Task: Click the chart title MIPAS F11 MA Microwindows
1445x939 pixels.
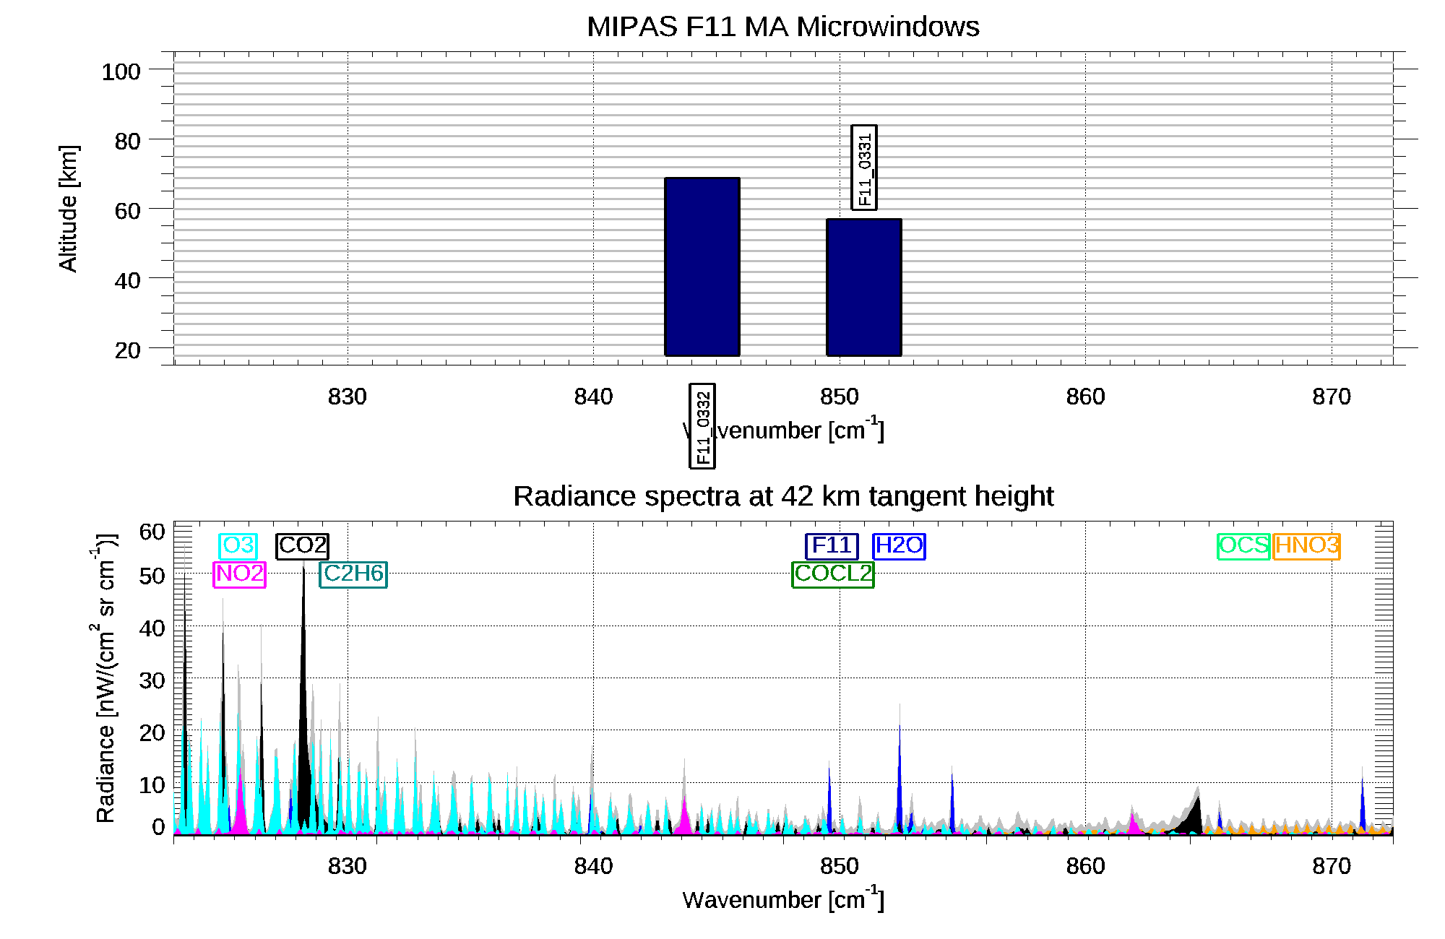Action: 782,27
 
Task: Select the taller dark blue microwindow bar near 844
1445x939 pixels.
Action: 702,267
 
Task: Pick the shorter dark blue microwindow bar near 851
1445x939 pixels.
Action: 863,287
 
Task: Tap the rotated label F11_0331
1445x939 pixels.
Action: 864,168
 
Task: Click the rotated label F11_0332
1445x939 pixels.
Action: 702,426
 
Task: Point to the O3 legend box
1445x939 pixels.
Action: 238,545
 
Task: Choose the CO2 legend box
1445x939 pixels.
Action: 302,545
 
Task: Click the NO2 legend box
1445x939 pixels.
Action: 240,574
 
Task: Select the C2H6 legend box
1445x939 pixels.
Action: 353,574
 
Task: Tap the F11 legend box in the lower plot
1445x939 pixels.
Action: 832,546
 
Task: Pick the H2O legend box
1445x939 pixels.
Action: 899,546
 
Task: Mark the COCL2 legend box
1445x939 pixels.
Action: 833,574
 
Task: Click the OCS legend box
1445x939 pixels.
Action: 1243,546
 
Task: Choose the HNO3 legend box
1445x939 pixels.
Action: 1307,546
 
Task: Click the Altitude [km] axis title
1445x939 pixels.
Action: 69,209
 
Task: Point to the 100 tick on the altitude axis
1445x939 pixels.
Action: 121,72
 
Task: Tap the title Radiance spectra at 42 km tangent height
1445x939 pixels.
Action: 782,497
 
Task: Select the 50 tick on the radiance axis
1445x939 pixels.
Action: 152,576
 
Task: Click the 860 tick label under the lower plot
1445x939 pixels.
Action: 1085,866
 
